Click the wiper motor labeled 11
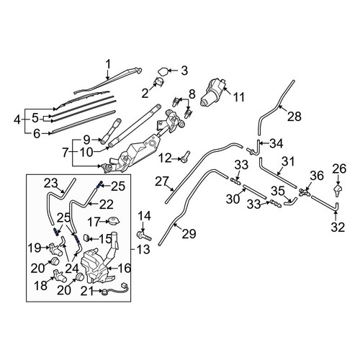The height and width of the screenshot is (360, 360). click(x=213, y=92)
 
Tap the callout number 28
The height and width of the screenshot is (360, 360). click(x=294, y=117)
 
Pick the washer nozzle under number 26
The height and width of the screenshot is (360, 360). click(x=338, y=191)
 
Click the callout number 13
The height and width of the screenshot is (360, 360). click(x=143, y=250)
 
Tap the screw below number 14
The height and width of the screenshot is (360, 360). click(x=144, y=235)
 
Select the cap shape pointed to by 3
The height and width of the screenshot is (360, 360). click(x=163, y=71)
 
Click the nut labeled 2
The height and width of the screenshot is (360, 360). click(x=158, y=81)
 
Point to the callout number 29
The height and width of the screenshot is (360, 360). click(x=189, y=233)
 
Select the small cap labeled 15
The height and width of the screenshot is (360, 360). click(x=86, y=238)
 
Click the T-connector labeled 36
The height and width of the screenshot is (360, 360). click(x=305, y=192)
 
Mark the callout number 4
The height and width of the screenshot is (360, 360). click(x=17, y=120)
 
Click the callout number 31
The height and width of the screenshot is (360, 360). click(x=288, y=162)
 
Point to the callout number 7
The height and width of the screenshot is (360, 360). click(x=66, y=153)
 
